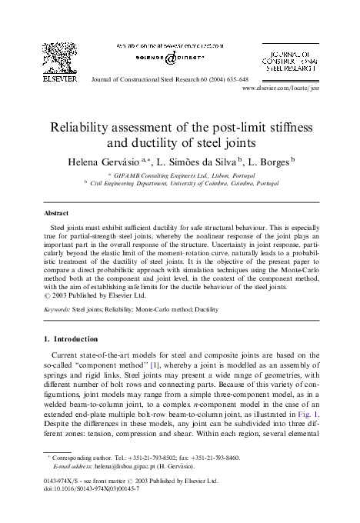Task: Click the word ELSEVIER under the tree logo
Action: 59,80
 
